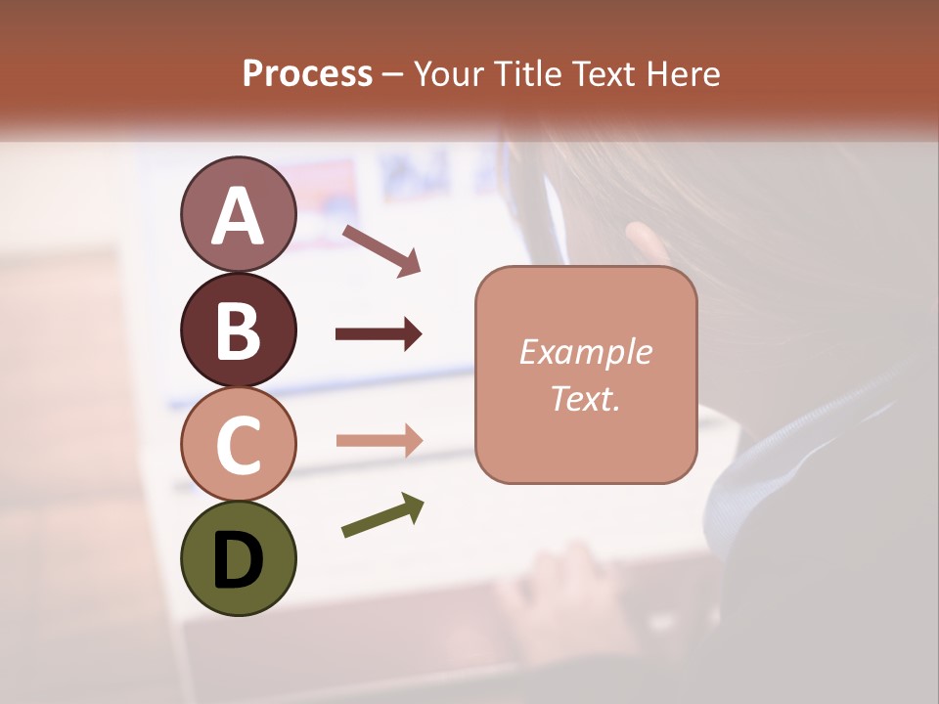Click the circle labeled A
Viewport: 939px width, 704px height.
pos(238,214)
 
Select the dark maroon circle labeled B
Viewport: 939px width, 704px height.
pos(238,330)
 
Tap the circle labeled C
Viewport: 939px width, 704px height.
pos(238,444)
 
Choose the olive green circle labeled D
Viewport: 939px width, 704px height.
pos(238,558)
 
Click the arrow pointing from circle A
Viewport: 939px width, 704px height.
pos(380,248)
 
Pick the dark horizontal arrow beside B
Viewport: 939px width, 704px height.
pos(379,334)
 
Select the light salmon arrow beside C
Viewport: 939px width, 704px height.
pos(379,440)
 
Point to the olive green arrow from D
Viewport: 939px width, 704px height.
pos(382,515)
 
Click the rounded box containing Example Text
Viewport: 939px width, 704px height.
pos(586,374)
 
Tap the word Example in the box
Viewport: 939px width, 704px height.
pos(586,352)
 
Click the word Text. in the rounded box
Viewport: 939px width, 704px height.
pos(586,398)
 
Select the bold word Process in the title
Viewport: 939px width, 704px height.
pos(307,73)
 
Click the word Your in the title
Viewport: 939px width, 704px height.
pos(450,73)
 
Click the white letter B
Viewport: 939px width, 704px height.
pos(238,330)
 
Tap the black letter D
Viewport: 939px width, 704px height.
pos(238,559)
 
